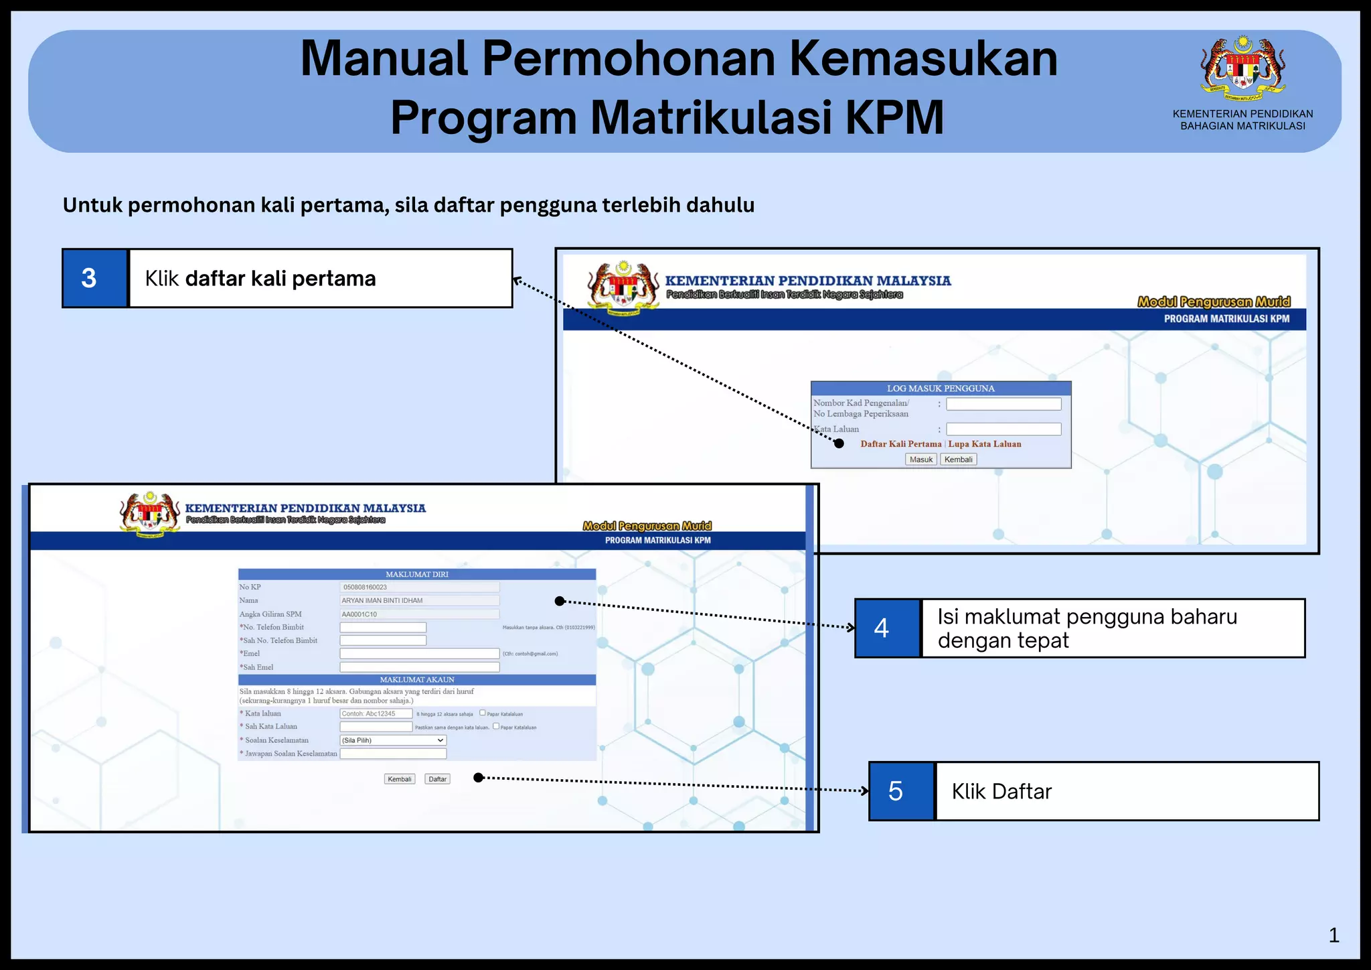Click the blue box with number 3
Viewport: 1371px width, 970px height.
coord(94,278)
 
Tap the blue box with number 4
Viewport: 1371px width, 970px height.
coord(888,628)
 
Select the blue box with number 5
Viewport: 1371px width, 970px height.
coord(901,791)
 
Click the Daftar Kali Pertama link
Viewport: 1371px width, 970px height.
coord(900,444)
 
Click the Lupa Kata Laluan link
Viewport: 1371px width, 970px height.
coord(985,444)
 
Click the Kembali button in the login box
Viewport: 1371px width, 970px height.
coord(958,460)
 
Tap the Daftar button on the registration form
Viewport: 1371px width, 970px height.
coord(438,779)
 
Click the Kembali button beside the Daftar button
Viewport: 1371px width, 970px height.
coord(400,779)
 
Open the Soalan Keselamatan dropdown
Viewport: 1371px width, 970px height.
coord(393,740)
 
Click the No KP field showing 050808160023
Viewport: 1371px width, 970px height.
coord(420,587)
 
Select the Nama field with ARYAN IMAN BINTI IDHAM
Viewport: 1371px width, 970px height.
coord(420,601)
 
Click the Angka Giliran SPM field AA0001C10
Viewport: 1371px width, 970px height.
coord(420,614)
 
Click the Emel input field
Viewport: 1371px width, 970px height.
coord(420,654)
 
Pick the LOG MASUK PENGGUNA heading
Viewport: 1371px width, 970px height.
coord(941,389)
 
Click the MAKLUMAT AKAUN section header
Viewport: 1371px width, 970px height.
coord(417,679)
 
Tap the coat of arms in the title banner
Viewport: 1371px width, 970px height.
coord(1242,66)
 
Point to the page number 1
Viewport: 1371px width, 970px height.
coord(1334,935)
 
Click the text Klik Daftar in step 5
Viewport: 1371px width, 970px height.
coord(1001,792)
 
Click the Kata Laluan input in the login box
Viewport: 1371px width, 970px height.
coord(1003,429)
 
